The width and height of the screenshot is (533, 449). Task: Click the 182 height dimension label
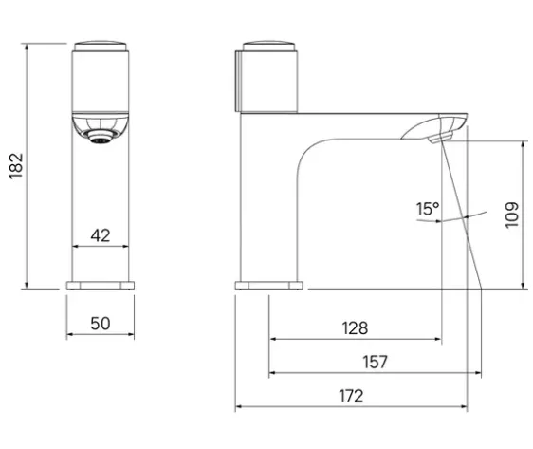pos(16,166)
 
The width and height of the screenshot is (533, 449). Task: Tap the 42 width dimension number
pos(101,235)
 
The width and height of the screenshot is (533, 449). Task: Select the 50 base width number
pos(101,324)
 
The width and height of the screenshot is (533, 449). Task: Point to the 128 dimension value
pos(355,328)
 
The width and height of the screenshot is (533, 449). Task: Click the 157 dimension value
pos(375,362)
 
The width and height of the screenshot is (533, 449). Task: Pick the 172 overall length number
pos(351,396)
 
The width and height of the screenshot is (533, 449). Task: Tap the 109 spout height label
pos(512,215)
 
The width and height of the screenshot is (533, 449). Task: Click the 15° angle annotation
pos(428,209)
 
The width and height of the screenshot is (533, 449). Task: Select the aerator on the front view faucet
pos(101,137)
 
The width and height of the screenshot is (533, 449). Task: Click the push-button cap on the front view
pos(101,46)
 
